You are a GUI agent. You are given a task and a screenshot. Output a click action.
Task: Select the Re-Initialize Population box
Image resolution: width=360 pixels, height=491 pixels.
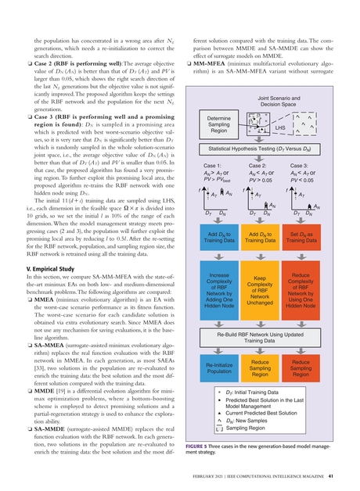220,368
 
